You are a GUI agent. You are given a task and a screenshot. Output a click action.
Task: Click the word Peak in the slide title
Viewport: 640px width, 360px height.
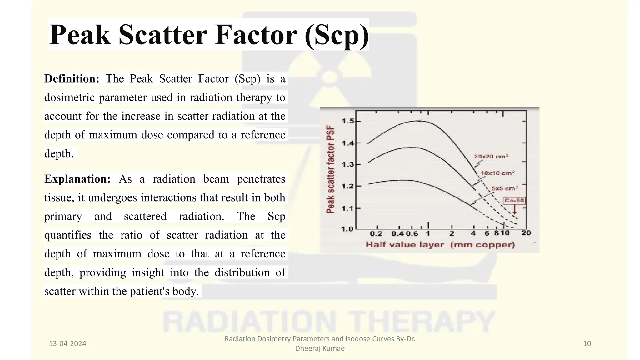pos(80,35)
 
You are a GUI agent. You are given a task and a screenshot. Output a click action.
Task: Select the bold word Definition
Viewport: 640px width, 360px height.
pos(72,78)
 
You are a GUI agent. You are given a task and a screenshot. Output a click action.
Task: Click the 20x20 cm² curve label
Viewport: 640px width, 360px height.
pos(491,156)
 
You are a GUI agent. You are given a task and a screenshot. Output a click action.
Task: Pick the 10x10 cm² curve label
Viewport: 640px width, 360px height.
pos(497,173)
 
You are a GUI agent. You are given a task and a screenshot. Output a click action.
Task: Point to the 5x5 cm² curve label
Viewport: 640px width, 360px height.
pos(505,188)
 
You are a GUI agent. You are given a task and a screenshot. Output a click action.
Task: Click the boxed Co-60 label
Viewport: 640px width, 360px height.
pos(514,201)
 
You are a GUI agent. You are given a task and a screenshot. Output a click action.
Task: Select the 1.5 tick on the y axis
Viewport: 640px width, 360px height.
pos(348,121)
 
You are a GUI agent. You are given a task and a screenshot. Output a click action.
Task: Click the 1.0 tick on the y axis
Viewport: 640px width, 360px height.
pos(347,229)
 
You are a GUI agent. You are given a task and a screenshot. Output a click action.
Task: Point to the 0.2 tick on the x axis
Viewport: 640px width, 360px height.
pos(376,234)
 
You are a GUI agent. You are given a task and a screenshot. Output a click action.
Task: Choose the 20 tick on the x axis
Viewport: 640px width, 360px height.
pos(526,233)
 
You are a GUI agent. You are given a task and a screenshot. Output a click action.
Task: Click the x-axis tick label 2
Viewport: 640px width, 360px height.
pos(452,233)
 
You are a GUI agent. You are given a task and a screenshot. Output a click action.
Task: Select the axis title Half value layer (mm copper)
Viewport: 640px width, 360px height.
pos(440,245)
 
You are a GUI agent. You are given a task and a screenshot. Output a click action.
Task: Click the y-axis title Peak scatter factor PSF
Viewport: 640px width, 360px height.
pos(330,170)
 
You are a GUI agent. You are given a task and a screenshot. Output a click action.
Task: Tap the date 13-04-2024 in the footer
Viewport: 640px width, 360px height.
pos(67,344)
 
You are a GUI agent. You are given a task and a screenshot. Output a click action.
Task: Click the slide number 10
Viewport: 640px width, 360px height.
pos(587,344)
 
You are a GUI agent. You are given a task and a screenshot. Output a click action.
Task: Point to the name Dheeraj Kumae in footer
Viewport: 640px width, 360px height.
pos(320,348)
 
